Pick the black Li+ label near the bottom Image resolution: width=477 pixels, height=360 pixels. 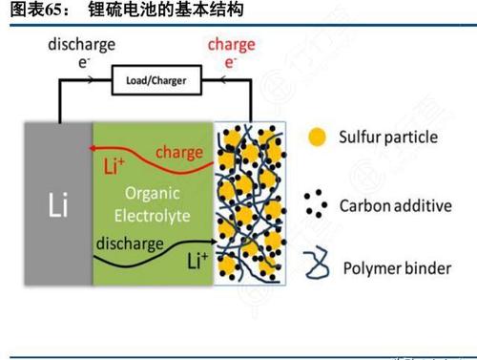[x=197, y=260]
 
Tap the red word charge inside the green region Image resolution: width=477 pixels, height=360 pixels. [x=178, y=151]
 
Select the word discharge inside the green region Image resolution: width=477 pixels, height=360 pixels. [x=128, y=243]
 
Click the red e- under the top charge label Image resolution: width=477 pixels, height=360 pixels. [x=230, y=62]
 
